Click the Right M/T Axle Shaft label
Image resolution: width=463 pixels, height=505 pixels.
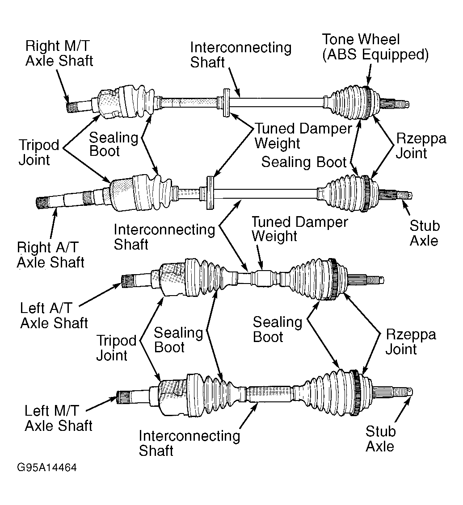(59, 53)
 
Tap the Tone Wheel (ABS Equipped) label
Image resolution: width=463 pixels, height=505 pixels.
(375, 47)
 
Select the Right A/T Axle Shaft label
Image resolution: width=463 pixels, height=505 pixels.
(51, 255)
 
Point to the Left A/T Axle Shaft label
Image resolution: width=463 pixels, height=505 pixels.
(54, 315)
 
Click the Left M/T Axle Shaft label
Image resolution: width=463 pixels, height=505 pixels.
(59, 418)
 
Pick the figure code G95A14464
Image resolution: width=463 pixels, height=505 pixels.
(47, 467)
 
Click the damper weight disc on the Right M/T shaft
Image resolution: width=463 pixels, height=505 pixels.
(226, 102)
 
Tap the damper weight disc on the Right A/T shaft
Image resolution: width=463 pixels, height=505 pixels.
(210, 192)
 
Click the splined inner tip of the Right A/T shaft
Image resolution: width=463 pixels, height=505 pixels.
(42, 203)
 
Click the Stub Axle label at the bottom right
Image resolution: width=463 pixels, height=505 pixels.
(380, 438)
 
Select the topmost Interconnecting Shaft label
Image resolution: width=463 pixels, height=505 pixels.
(240, 54)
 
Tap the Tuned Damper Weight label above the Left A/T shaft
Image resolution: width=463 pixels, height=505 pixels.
(299, 229)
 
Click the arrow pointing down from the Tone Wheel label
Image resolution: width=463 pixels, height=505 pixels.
(369, 75)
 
